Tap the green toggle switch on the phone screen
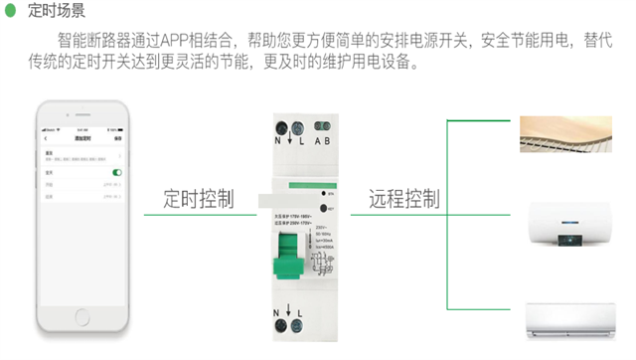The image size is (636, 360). [116, 173]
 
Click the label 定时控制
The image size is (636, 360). [200, 199]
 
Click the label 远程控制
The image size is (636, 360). [404, 199]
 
